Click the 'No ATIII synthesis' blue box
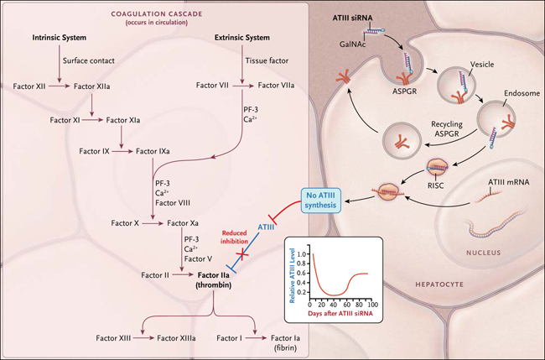[321, 201]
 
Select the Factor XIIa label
[91, 86]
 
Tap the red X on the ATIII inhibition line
[242, 254]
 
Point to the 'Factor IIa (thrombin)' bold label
[214, 280]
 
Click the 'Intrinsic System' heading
[60, 38]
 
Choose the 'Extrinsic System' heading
[242, 38]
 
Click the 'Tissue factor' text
[267, 60]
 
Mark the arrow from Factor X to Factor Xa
[153, 224]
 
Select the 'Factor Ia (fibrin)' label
[285, 342]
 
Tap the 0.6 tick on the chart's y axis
[302, 273]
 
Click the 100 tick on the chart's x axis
[373, 305]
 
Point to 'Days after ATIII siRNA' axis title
[340, 313]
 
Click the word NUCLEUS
[484, 253]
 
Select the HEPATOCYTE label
[439, 284]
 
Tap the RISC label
[436, 185]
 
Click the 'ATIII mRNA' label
[509, 182]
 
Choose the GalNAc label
[353, 44]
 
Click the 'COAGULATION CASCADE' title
[157, 14]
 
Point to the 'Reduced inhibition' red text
[234, 237]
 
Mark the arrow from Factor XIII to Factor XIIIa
[143, 338]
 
